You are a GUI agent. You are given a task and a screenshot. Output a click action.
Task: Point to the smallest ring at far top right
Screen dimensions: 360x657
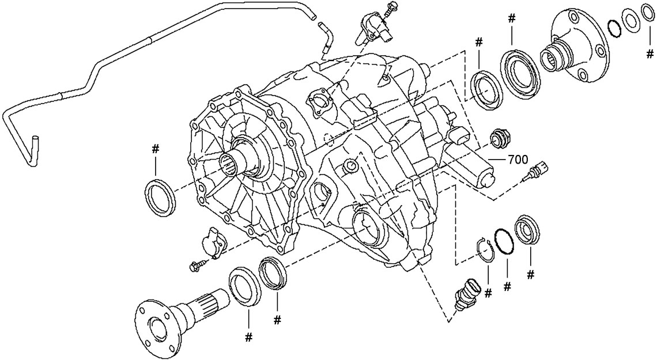pos(647,13)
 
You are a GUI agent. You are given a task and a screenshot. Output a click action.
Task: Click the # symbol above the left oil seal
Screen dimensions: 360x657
pos(155,149)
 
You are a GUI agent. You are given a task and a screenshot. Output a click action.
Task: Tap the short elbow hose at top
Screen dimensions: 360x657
pos(325,38)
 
